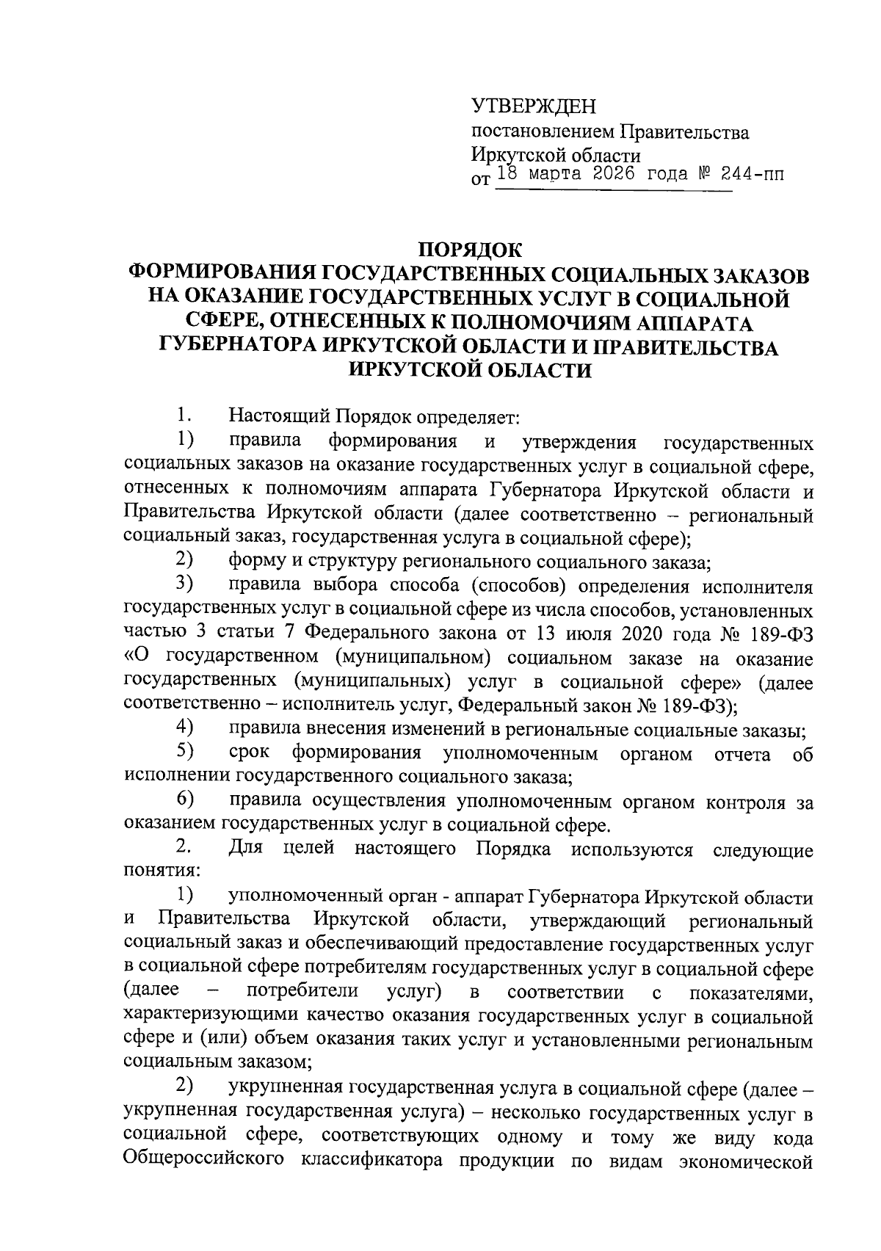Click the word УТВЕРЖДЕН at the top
click(x=533, y=107)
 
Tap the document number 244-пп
click(x=742, y=175)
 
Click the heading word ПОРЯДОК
click(x=470, y=250)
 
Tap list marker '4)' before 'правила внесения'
click(x=184, y=728)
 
